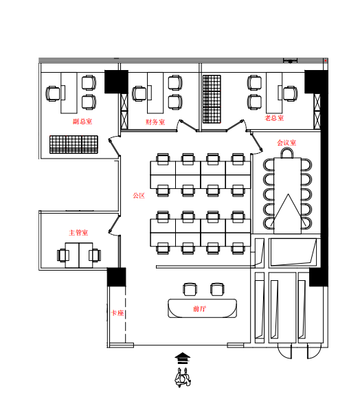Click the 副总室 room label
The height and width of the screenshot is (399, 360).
pos(82,122)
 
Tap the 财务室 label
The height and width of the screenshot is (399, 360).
pos(155,122)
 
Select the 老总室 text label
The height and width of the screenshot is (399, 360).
pos(274,118)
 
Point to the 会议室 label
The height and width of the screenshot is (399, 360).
pos(286,143)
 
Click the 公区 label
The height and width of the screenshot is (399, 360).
pos(139,196)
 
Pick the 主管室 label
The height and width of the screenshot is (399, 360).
pos(78,233)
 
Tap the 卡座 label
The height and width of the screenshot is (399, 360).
pos(117,312)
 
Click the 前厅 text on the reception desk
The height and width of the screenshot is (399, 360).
pos(199,308)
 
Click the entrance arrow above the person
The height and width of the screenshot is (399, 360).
pos(183,358)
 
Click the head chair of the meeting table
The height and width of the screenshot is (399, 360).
pos(287,153)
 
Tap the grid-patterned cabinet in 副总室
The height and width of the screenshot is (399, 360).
pos(74,144)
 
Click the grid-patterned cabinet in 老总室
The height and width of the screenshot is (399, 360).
pos(212,99)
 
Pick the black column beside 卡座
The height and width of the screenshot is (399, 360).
pos(116,277)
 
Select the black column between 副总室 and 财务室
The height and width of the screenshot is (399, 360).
pos(116,82)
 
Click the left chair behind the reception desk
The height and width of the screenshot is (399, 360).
pos(190,289)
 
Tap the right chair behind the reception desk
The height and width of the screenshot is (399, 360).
pos(217,289)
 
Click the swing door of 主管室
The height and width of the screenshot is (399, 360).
pos(114,225)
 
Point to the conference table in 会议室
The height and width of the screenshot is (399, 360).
pos(287,196)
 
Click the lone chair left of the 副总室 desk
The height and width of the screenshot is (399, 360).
pos(53,93)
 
